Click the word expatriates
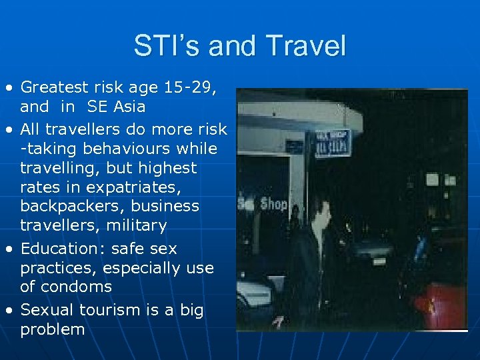click(140, 187)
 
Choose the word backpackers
click(74, 206)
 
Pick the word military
click(135, 225)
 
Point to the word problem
click(53, 329)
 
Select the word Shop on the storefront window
click(273, 203)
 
